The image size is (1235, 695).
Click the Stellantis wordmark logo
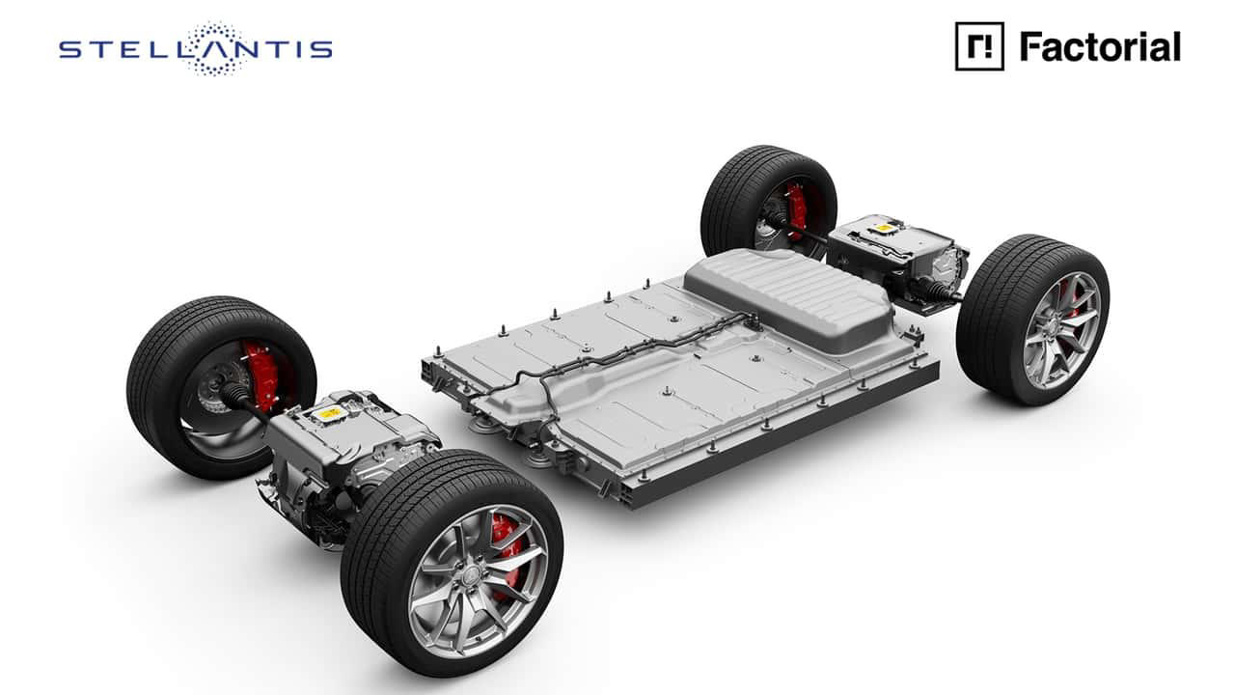(196, 48)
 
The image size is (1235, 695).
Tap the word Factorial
(1100, 47)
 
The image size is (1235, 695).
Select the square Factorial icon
(979, 46)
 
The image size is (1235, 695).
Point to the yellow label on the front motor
(329, 413)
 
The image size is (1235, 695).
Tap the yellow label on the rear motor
(885, 227)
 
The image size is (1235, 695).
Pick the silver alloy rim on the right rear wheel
(1061, 331)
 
